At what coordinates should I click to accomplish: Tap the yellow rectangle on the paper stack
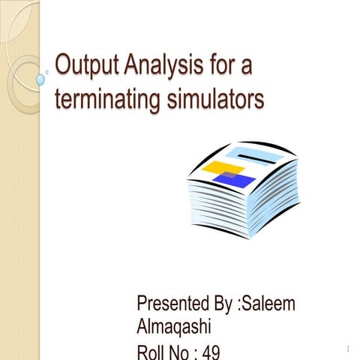pyautogui.click(x=223, y=166)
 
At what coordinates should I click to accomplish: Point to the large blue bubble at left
pyautogui.click(x=39, y=78)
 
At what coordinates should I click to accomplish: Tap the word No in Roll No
pyautogui.click(x=182, y=351)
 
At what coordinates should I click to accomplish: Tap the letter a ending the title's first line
pyautogui.click(x=245, y=67)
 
